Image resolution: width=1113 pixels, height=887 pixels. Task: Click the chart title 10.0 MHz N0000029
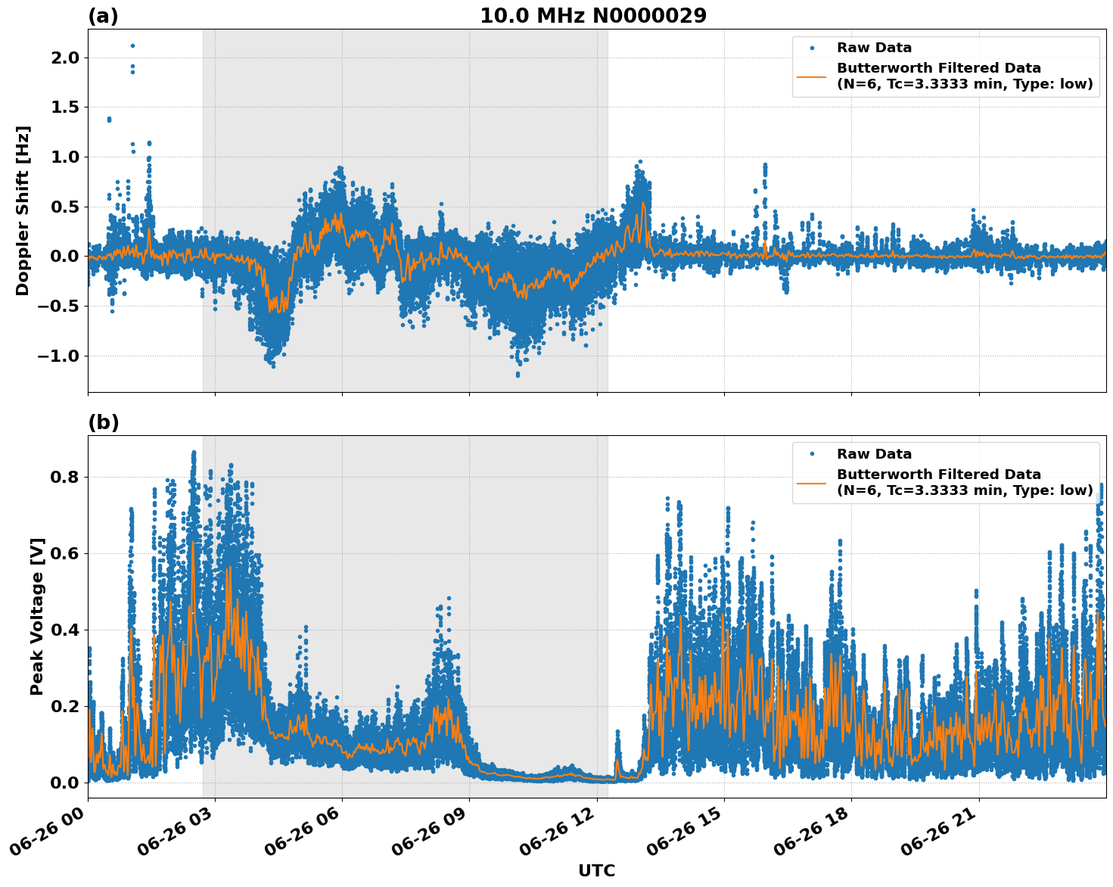click(x=593, y=16)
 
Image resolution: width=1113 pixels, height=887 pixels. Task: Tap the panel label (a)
click(x=103, y=16)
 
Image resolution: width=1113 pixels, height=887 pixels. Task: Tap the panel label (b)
click(x=104, y=422)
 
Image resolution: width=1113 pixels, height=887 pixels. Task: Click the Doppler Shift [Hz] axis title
click(x=23, y=210)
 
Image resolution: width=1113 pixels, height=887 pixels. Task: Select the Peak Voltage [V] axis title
click(x=37, y=616)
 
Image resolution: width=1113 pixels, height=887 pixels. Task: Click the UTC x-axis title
click(x=596, y=870)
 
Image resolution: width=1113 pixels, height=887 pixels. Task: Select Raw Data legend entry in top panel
click(x=874, y=48)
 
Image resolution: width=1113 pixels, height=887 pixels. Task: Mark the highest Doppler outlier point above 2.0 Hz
click(x=132, y=45)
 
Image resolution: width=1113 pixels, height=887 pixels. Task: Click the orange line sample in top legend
click(x=812, y=76)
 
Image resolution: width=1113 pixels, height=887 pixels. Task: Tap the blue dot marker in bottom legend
click(x=812, y=454)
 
